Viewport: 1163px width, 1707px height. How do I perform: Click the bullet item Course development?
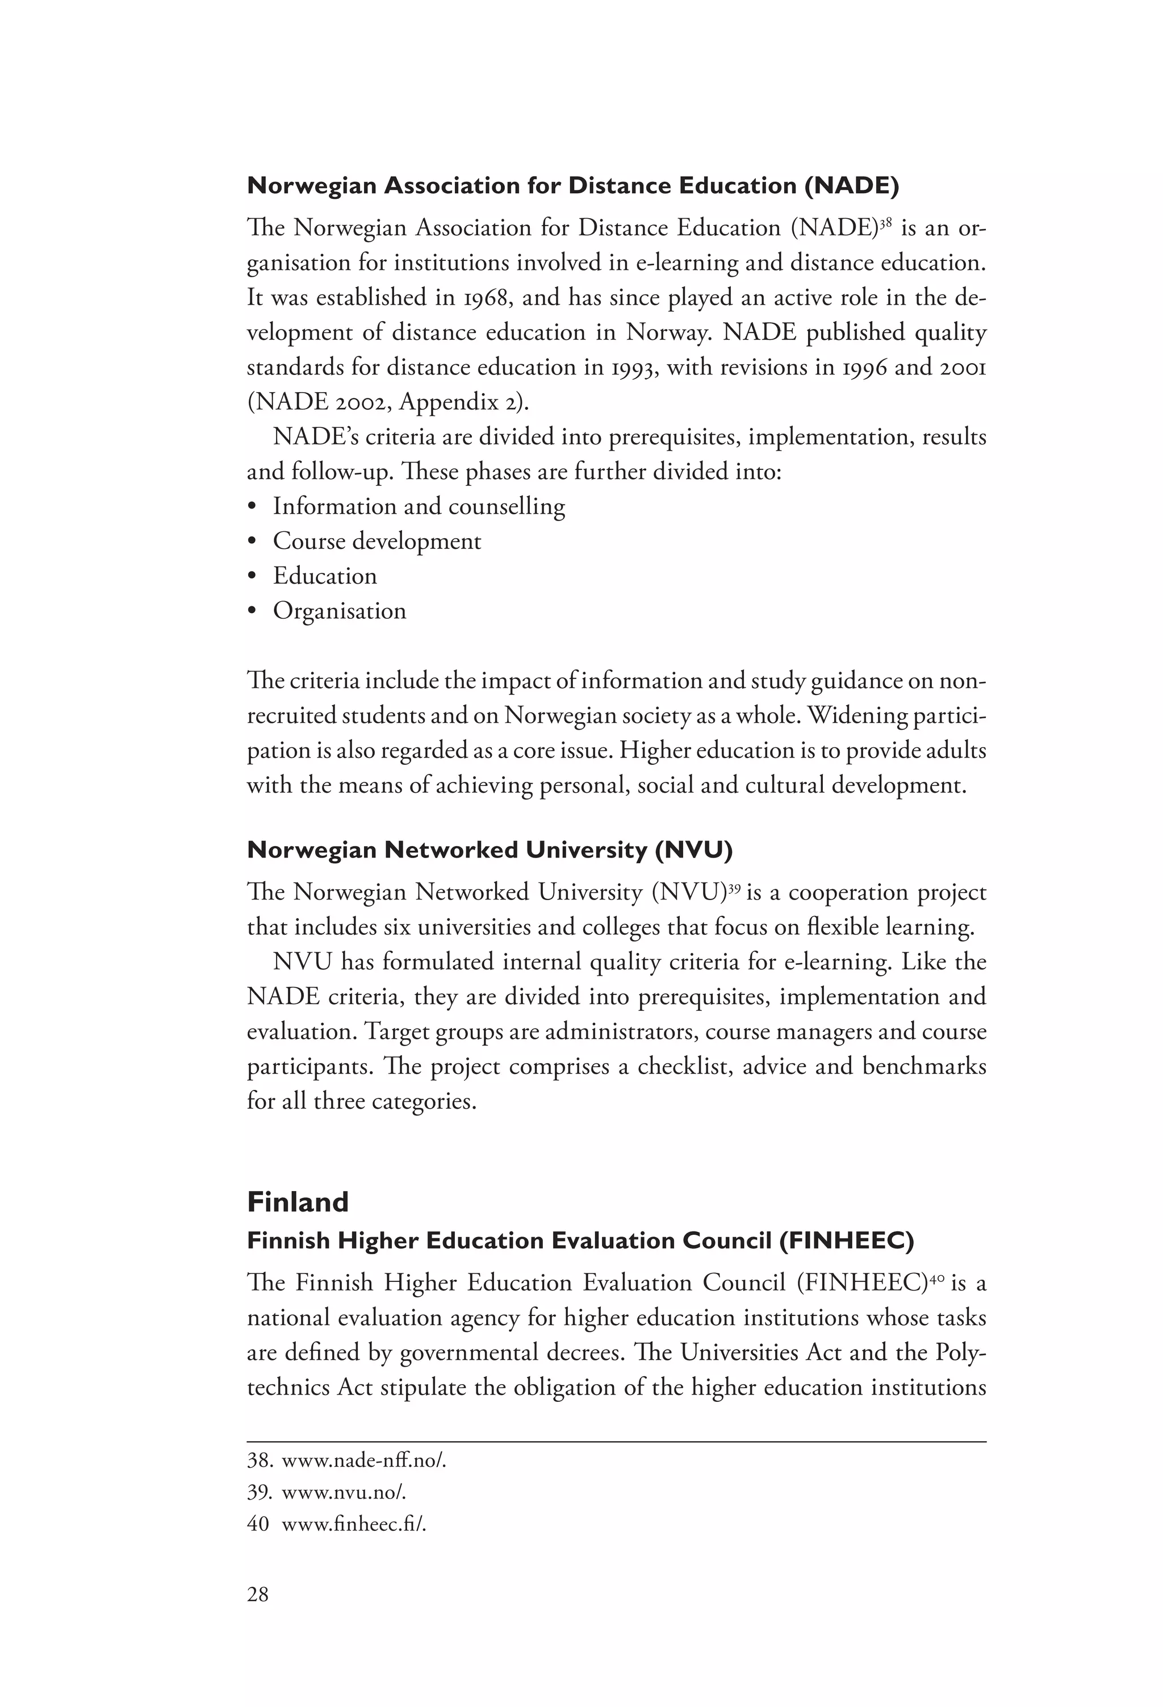tap(376, 542)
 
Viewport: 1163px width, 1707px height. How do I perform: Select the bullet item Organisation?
tap(339, 611)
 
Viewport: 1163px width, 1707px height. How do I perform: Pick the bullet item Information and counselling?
tap(419, 507)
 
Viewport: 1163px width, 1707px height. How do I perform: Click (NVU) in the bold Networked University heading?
tap(693, 850)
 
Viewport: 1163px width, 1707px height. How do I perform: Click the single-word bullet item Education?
tap(324, 576)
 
